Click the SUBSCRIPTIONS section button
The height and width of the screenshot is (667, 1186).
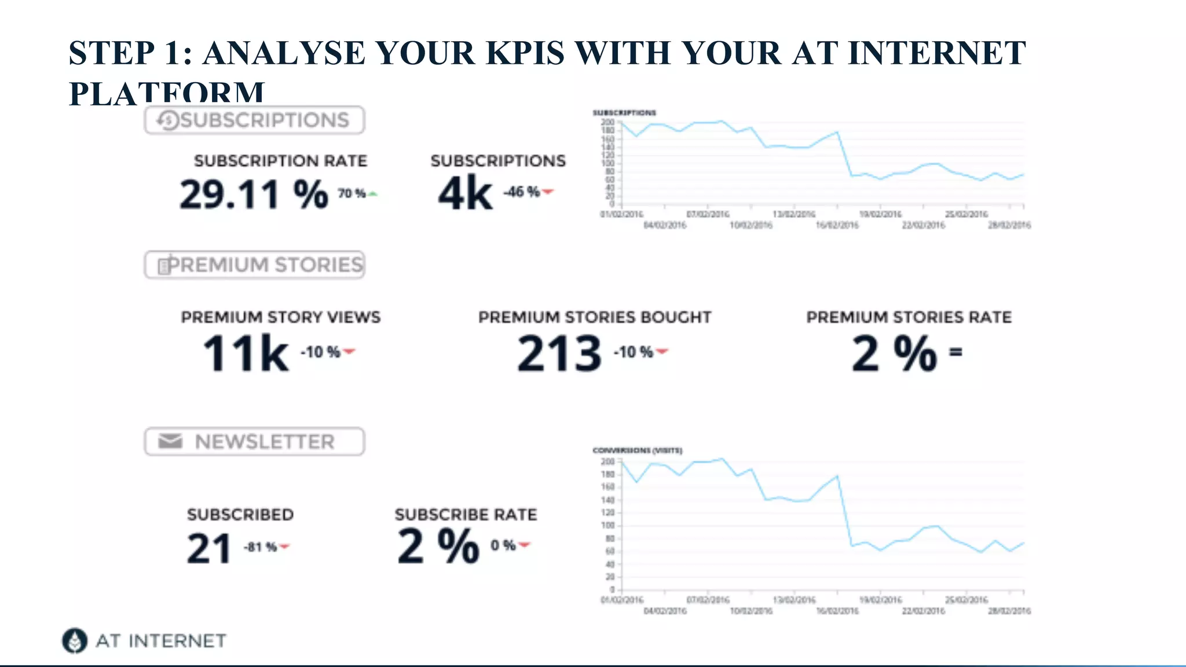click(254, 120)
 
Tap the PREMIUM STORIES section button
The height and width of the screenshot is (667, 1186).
click(254, 265)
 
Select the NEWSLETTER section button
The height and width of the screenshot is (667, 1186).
click(254, 442)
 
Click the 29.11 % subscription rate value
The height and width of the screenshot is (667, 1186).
click(254, 194)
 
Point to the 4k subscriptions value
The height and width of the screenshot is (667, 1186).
click(465, 193)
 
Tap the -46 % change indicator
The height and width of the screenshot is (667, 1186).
click(528, 192)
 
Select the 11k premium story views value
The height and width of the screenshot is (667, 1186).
click(246, 353)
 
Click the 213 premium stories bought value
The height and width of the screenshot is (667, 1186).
click(559, 353)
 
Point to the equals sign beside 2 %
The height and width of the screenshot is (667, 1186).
click(956, 351)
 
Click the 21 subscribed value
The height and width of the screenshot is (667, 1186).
click(209, 548)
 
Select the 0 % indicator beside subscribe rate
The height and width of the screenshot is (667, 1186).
click(509, 545)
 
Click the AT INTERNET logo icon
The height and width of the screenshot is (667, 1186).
click(75, 640)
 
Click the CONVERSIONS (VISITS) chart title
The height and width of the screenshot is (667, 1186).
click(637, 450)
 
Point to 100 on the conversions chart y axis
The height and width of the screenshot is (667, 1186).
click(607, 526)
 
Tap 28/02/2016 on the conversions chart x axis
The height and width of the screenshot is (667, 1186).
click(1009, 611)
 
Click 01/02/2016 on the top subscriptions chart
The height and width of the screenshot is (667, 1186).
click(621, 214)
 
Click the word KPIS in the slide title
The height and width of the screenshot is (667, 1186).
click(525, 53)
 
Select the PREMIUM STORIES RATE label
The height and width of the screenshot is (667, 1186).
click(909, 317)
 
